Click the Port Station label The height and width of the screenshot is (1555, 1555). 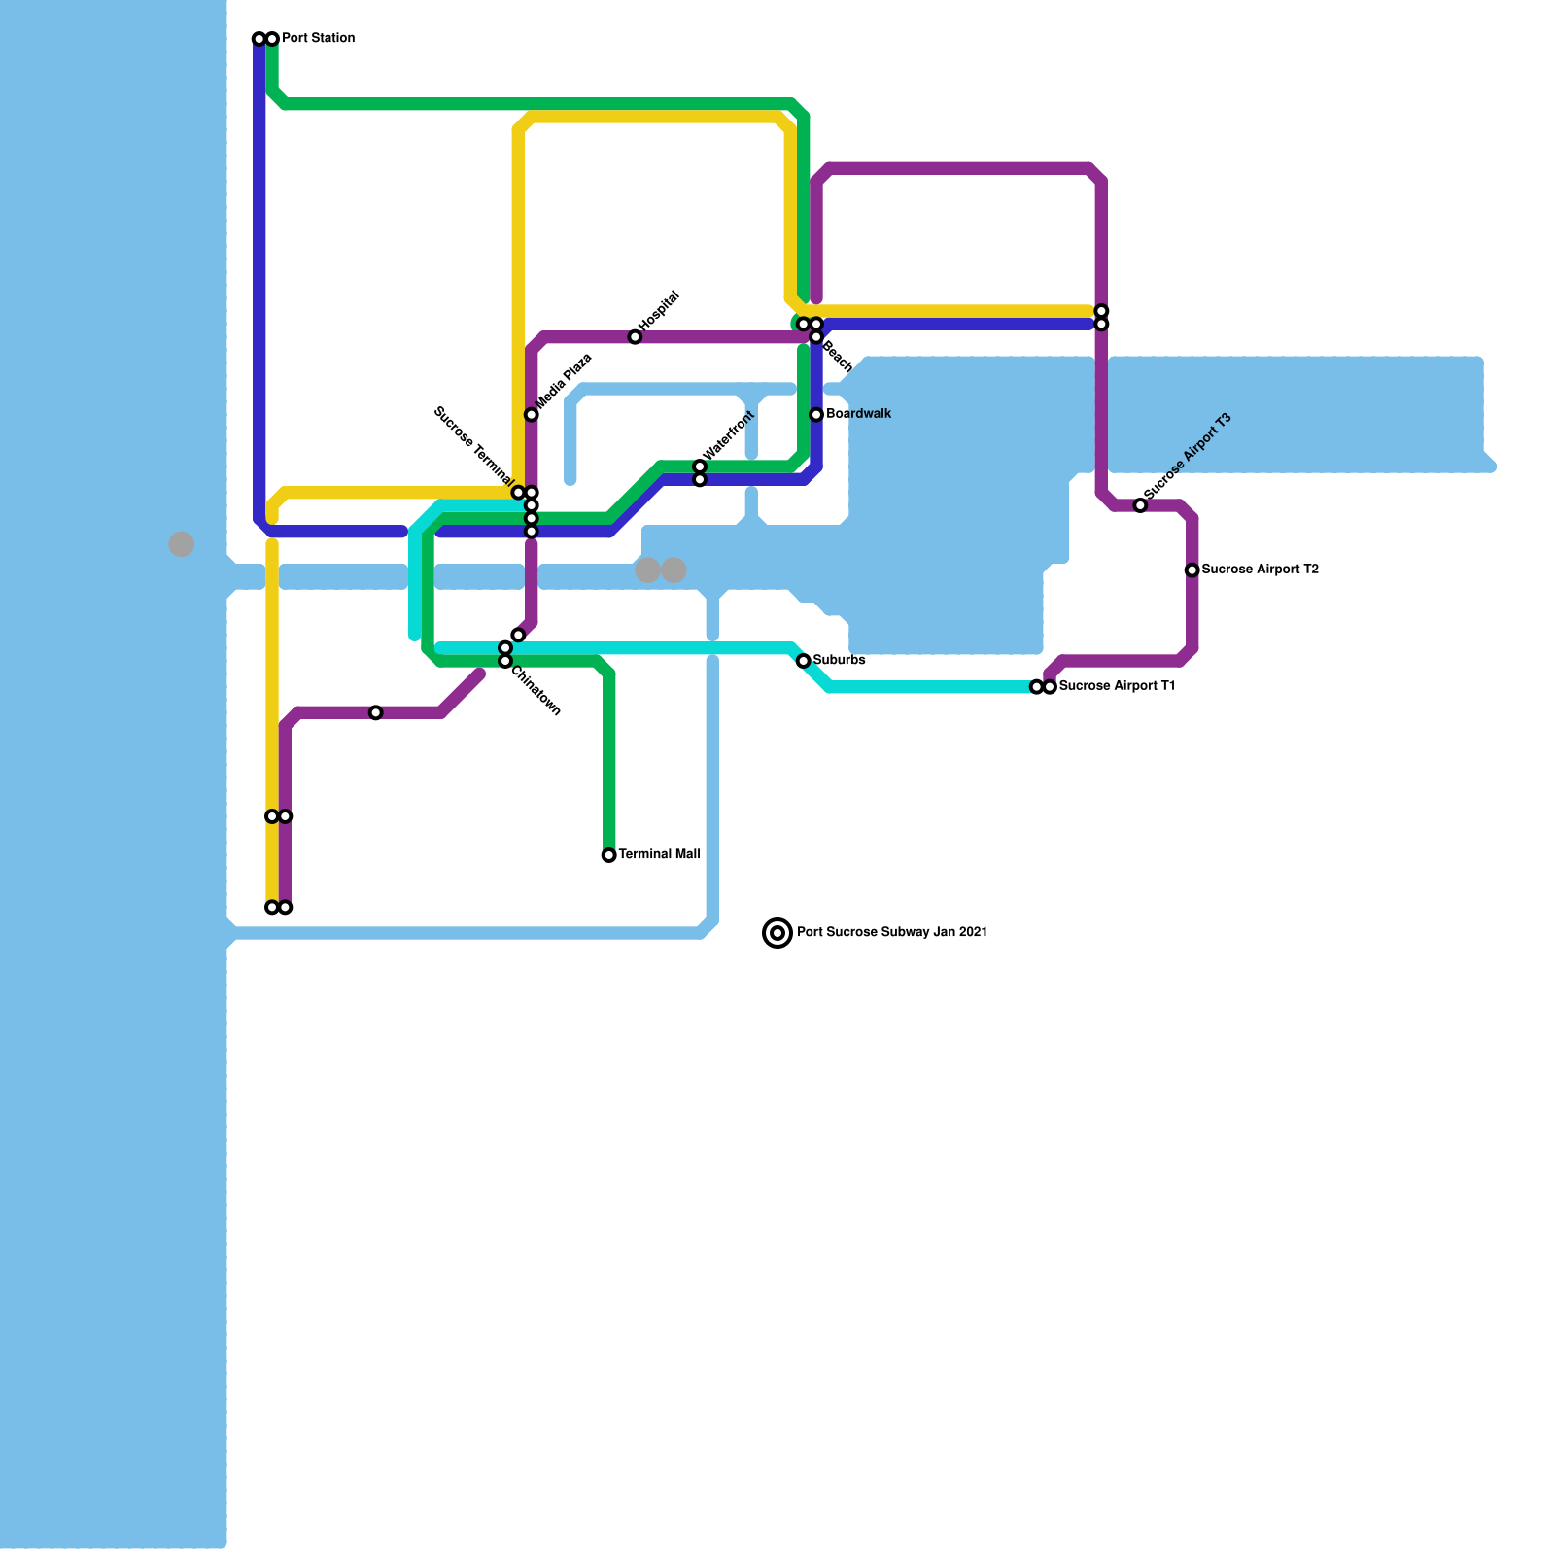[x=318, y=39]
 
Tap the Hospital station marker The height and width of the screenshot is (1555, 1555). [x=635, y=337]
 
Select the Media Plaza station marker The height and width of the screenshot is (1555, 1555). [x=532, y=415]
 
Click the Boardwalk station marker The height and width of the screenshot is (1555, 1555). [x=816, y=415]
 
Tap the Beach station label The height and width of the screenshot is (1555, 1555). [x=837, y=357]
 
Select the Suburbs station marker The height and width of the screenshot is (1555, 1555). [x=804, y=661]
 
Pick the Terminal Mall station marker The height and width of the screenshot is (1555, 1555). [x=608, y=855]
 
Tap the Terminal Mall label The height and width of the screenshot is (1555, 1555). [x=659, y=855]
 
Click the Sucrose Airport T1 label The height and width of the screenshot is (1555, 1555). [x=1117, y=686]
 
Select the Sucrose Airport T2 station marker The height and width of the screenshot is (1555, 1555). [x=1192, y=570]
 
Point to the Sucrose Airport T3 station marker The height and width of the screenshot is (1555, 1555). [x=1140, y=505]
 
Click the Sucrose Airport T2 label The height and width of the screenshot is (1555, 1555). [x=1260, y=570]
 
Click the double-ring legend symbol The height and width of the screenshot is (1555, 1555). [x=777, y=933]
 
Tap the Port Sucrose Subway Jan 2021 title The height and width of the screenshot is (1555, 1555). [x=892, y=933]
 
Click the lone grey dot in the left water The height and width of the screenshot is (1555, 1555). [x=182, y=544]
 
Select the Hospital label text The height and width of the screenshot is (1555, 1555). [x=660, y=310]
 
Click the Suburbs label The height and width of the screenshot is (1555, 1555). [x=839, y=661]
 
